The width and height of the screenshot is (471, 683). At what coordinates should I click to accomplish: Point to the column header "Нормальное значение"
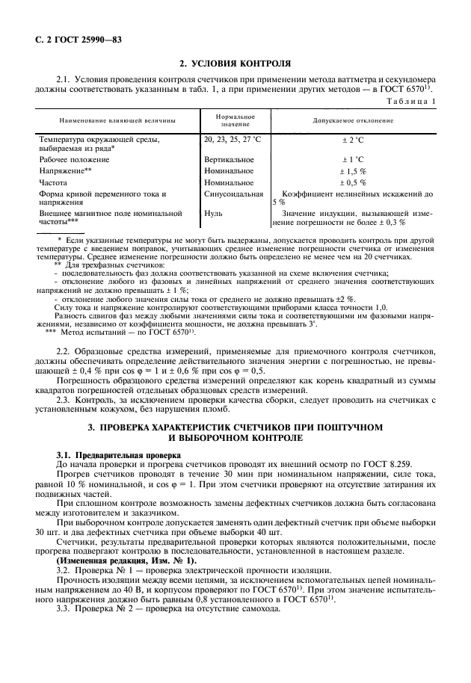(x=235, y=120)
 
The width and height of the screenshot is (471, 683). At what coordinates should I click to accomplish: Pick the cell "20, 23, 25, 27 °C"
(x=232, y=139)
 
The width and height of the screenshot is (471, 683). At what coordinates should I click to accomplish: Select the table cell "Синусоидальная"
(x=233, y=194)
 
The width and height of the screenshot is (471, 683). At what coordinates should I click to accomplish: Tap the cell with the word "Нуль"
(x=213, y=214)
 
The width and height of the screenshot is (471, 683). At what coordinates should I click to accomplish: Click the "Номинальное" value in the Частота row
(x=228, y=182)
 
